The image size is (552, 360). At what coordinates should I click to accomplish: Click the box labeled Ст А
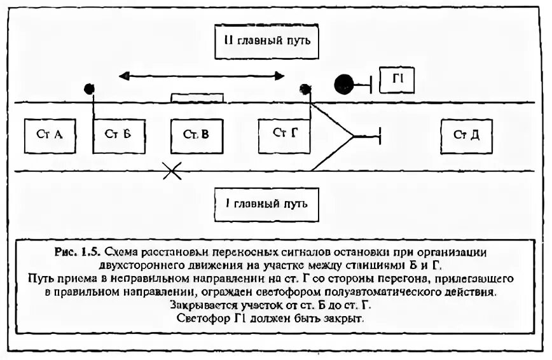50,135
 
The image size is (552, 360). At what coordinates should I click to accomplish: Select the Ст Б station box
120,135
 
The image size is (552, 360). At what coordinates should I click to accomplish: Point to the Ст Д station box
466,135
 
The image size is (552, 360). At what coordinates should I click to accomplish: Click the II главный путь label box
266,42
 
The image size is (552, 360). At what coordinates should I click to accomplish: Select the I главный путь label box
266,205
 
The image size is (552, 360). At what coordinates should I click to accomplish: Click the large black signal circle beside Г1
345,83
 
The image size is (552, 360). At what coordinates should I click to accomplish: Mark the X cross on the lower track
171,170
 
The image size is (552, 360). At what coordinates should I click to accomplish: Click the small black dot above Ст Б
90,89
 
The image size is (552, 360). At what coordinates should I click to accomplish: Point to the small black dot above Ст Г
305,90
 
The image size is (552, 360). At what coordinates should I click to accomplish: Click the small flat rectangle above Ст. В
197,98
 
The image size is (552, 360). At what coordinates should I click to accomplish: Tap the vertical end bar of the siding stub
379,135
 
